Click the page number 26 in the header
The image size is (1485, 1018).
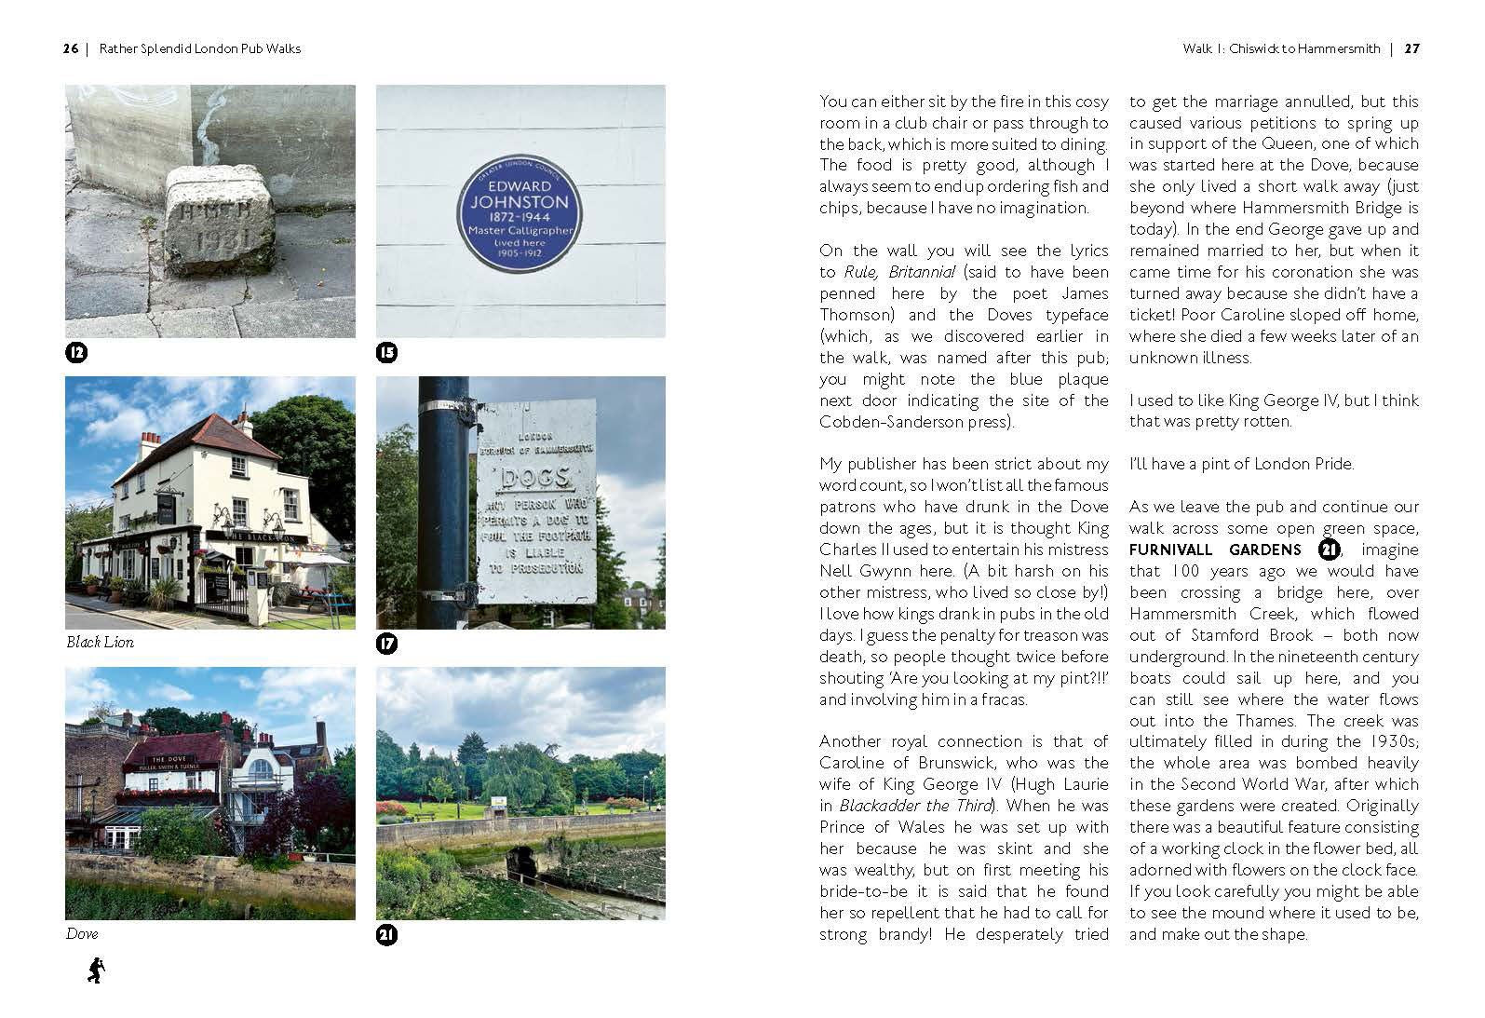[71, 48]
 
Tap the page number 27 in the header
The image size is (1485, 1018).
[1411, 48]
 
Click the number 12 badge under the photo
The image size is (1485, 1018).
[76, 352]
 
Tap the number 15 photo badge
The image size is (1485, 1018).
[386, 352]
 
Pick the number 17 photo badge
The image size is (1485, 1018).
[386, 643]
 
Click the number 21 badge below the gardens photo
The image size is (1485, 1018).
[386, 934]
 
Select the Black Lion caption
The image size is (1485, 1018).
[100, 643]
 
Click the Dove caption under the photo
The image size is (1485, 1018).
[82, 934]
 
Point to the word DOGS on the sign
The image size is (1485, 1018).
[535, 479]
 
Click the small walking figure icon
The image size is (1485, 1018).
[95, 970]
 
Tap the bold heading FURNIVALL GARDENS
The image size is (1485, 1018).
[1215, 550]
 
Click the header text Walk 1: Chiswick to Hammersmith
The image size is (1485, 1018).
[1281, 48]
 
